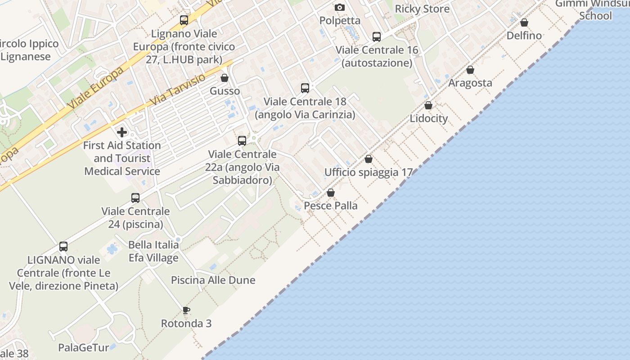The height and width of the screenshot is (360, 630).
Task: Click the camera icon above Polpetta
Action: [339, 7]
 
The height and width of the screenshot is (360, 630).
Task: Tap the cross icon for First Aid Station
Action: [122, 132]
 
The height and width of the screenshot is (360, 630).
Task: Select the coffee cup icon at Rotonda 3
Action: [186, 310]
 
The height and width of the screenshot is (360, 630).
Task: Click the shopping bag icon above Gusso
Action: [225, 78]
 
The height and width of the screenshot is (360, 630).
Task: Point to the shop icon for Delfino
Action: [524, 22]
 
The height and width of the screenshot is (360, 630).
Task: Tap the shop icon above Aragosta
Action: [470, 70]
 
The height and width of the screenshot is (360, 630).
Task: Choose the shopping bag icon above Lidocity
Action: [428, 105]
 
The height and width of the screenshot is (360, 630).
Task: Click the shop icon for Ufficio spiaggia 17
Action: [369, 159]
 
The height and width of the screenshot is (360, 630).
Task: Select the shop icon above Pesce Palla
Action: [331, 193]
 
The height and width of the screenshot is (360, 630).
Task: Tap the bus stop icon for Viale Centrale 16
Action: [377, 37]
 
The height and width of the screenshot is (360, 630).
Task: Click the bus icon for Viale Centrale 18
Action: [305, 88]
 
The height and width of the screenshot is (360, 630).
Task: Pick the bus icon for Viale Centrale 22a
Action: [242, 141]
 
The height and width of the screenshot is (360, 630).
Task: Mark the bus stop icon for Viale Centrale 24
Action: [135, 198]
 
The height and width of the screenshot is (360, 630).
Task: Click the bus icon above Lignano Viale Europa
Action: [184, 20]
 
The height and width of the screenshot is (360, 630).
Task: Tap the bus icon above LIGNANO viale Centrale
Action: [63, 247]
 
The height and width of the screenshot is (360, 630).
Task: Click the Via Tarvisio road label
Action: [177, 90]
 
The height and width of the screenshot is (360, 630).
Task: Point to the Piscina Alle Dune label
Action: [213, 280]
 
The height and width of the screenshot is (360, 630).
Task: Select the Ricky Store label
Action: [422, 9]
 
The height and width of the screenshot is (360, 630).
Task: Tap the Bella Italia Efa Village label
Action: [153, 251]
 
